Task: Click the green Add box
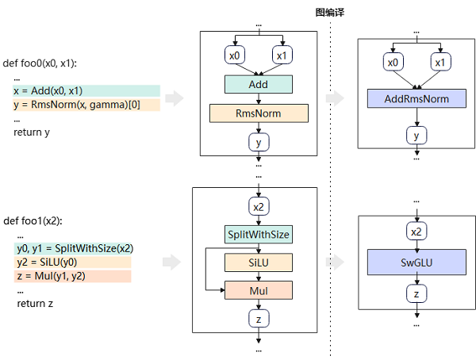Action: [x=258, y=84]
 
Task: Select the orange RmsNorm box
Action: [x=258, y=113]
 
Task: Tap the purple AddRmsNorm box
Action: [x=416, y=99]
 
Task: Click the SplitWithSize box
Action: [x=258, y=234]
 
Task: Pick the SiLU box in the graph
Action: [x=258, y=262]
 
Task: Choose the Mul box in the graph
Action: [x=258, y=290]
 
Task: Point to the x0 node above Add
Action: [x=234, y=56]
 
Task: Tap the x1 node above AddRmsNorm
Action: [x=441, y=62]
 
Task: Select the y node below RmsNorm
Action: [x=258, y=142]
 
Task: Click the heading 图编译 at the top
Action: [x=329, y=13]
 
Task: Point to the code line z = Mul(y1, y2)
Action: [x=52, y=276]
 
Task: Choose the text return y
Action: [x=32, y=132]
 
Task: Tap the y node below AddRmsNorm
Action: [x=416, y=136]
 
